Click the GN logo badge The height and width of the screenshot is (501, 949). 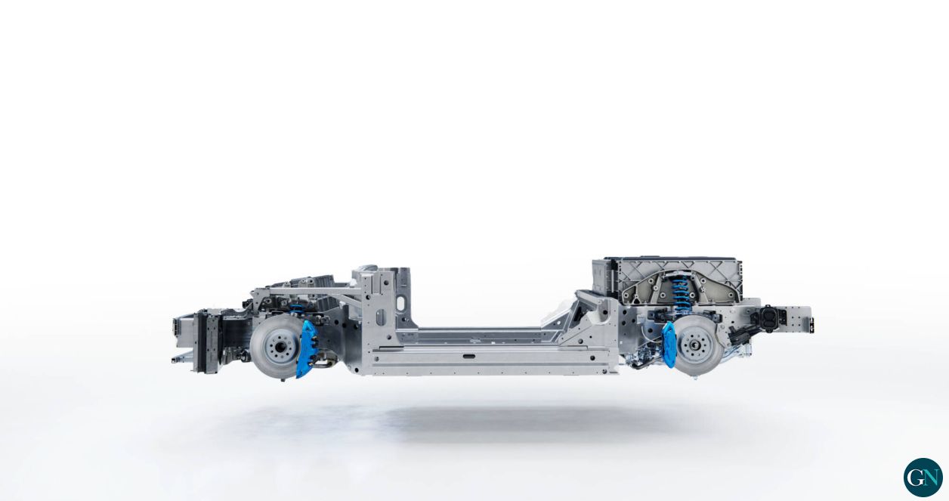[x=923, y=478]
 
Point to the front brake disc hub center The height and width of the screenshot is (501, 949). [x=280, y=346]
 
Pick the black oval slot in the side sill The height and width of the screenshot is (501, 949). [x=469, y=357]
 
